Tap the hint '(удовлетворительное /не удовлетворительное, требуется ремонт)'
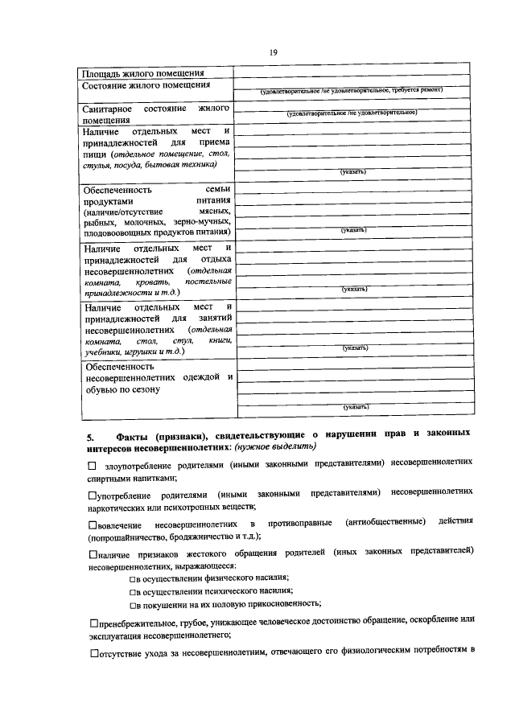351,90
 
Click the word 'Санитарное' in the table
107,108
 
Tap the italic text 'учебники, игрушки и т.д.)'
134,352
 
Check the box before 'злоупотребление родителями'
92,466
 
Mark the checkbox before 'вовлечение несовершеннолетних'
91,524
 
